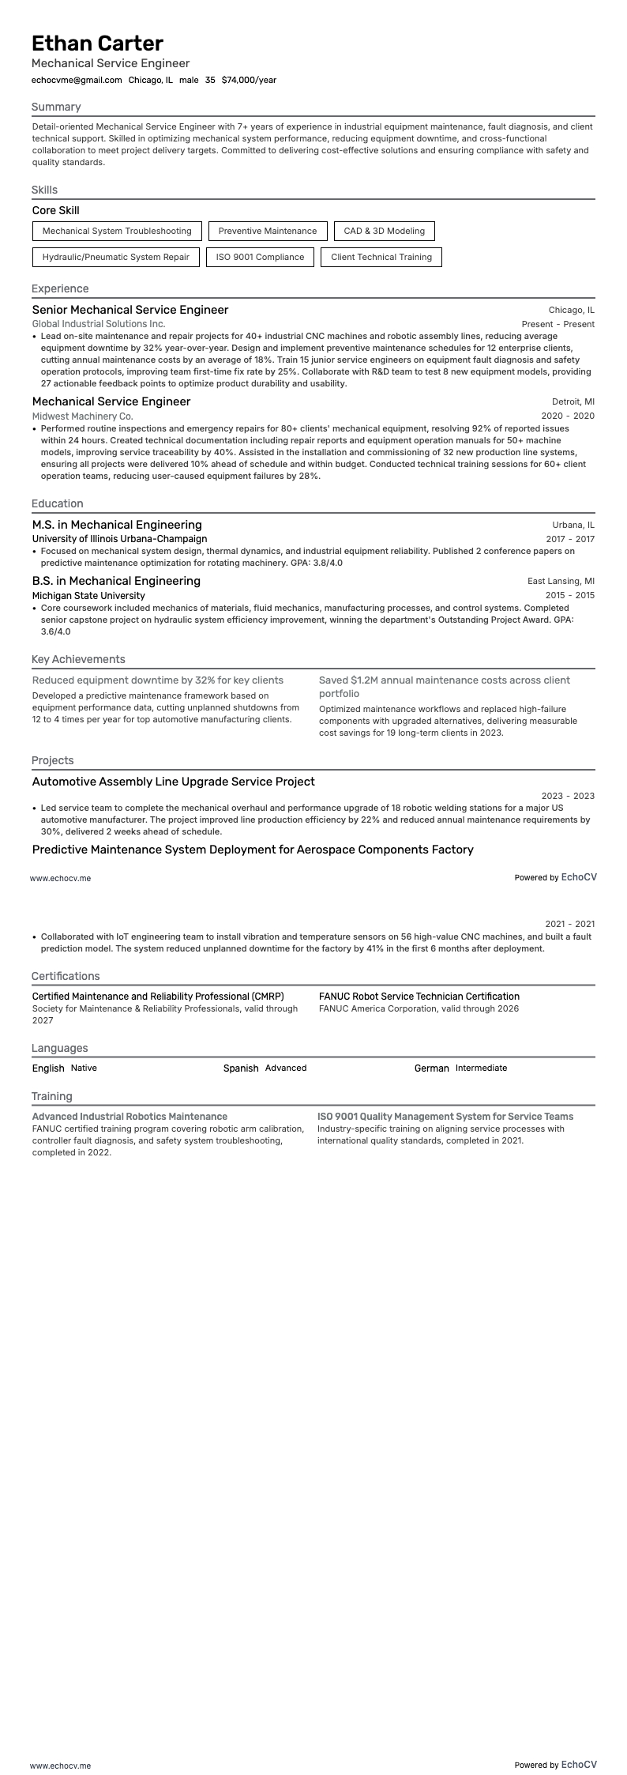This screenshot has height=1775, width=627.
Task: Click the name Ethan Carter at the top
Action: point(98,43)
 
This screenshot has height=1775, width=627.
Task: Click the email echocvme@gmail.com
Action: point(77,80)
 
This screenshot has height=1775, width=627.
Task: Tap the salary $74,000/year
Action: point(249,80)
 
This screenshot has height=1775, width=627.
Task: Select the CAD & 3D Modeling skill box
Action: point(384,232)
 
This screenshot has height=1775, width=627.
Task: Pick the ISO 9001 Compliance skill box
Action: point(260,257)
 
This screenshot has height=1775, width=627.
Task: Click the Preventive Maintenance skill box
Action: point(267,232)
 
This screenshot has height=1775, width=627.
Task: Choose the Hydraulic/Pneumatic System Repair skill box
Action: point(116,257)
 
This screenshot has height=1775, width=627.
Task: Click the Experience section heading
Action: point(60,288)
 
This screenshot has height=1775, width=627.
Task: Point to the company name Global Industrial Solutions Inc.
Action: point(99,324)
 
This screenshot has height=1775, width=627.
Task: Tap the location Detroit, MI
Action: point(573,402)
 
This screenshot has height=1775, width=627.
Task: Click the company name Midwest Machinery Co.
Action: point(83,416)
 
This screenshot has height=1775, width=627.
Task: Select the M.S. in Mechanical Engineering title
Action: point(117,525)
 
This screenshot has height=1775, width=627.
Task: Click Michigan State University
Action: point(88,595)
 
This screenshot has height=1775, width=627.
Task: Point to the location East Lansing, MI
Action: point(561,582)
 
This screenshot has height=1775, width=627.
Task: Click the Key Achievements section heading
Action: point(78,659)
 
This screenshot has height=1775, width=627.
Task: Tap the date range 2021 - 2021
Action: point(569,924)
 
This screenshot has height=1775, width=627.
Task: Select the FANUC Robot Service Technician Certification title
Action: point(419,997)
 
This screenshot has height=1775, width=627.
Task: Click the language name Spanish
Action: point(241,1068)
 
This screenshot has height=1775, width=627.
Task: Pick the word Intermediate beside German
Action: point(481,1068)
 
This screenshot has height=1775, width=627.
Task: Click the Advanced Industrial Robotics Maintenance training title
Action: point(130,1117)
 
